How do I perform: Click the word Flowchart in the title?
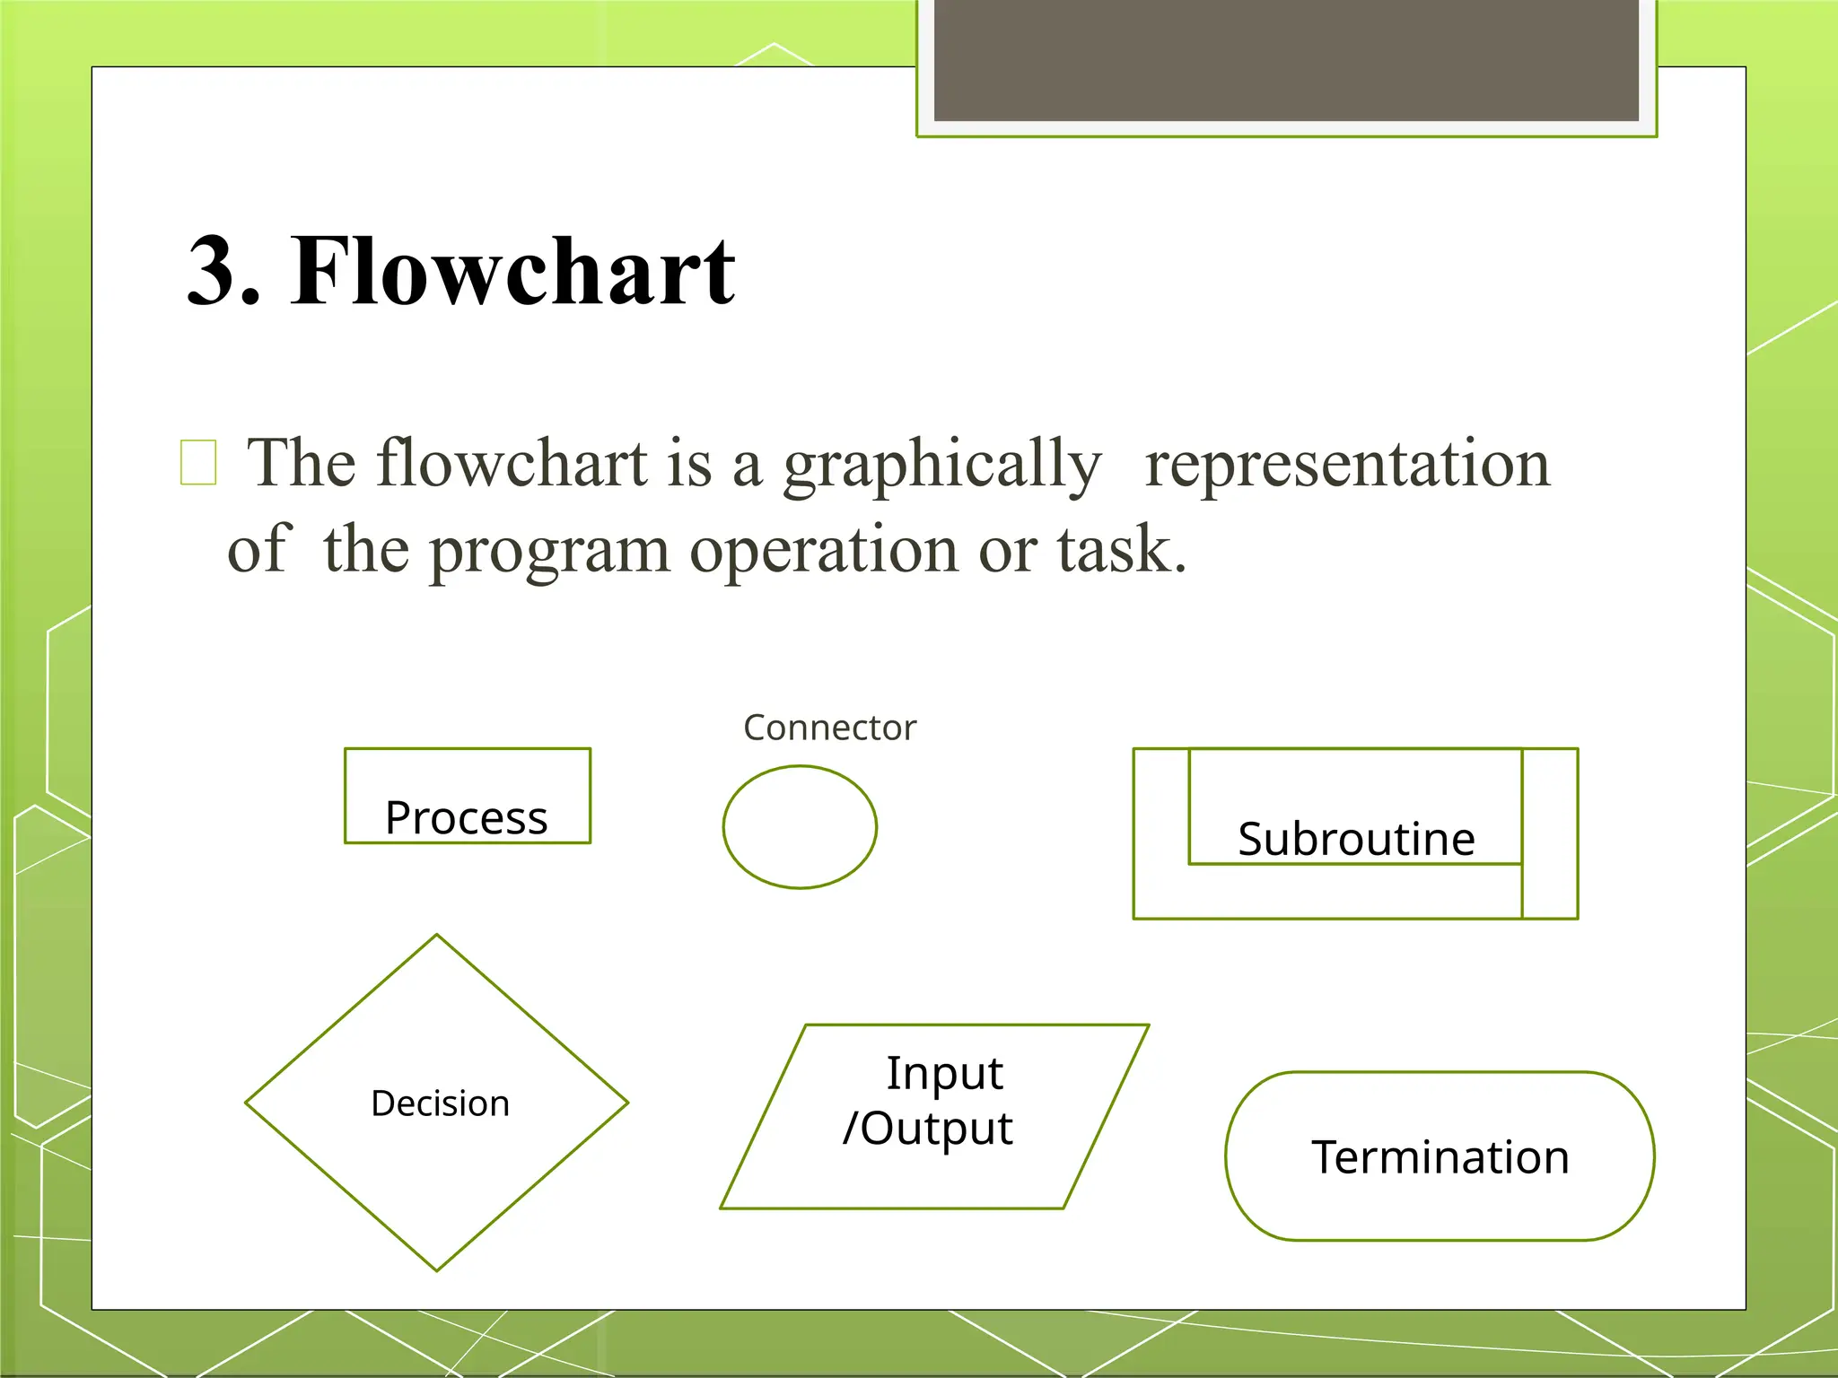click(x=512, y=271)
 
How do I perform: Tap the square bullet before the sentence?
click(x=198, y=462)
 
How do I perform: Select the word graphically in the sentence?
click(x=941, y=465)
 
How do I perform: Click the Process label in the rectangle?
click(x=466, y=817)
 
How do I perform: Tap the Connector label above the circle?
click(x=829, y=728)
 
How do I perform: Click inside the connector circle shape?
click(x=800, y=827)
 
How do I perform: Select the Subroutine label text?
click(x=1355, y=839)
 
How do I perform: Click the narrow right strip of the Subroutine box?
click(x=1550, y=833)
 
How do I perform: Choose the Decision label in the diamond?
click(x=440, y=1103)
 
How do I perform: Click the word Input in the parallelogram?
click(x=944, y=1073)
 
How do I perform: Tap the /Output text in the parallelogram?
click(x=928, y=1129)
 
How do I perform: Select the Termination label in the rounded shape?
click(x=1440, y=1157)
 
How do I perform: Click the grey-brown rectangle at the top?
click(x=1286, y=59)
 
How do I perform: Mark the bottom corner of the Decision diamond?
click(x=437, y=1269)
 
